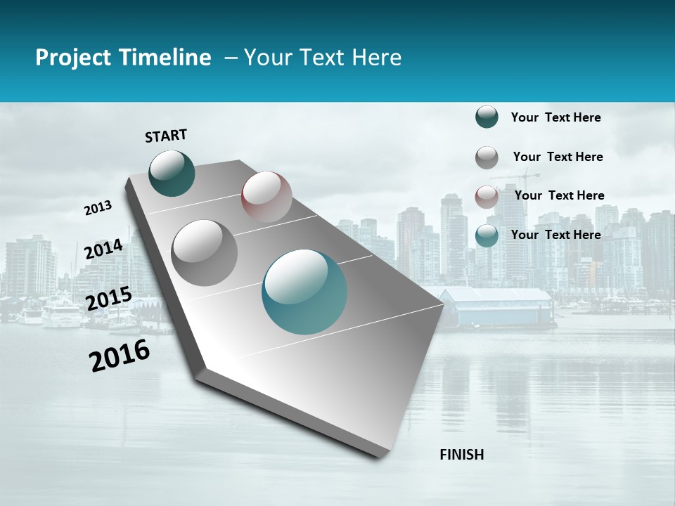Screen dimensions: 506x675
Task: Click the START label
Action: pos(166,136)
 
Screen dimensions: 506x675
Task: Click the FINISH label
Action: pos(461,455)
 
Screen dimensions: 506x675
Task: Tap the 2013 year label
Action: pos(98,207)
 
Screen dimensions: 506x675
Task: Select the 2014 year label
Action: pos(104,249)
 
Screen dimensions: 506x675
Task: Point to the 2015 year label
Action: pos(109,299)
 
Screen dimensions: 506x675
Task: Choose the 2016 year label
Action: pos(120,355)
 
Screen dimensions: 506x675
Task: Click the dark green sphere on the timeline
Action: pos(172,173)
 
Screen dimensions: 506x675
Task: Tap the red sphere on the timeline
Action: pos(266,197)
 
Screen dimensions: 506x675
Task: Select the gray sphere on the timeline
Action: pos(205,252)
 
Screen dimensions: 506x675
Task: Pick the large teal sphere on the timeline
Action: pos(304,292)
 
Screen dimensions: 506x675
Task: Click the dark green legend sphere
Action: pos(487,117)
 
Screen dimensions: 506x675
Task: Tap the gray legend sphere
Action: pos(487,157)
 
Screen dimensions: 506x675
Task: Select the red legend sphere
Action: pos(487,197)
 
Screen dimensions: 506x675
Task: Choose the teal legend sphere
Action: pos(487,235)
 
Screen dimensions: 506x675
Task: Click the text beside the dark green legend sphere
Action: pos(555,117)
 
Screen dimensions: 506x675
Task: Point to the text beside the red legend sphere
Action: pos(559,195)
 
